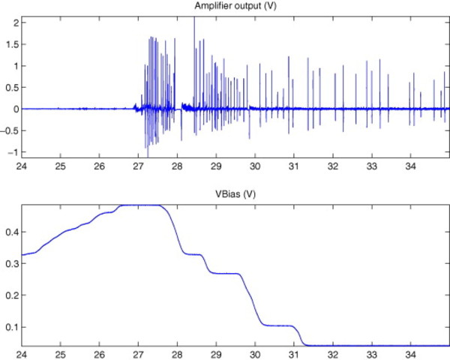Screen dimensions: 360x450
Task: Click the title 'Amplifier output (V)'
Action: (237, 7)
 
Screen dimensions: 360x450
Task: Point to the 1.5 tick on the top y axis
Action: (11, 44)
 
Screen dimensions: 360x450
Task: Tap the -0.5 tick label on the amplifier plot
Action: (10, 130)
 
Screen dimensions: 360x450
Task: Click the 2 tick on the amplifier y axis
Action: (14, 22)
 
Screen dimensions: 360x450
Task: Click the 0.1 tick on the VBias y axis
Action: (11, 327)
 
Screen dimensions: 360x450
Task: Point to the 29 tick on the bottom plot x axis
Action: (216, 352)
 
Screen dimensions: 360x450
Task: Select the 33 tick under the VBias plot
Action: (371, 352)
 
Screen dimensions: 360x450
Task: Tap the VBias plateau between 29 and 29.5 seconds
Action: (225, 274)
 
